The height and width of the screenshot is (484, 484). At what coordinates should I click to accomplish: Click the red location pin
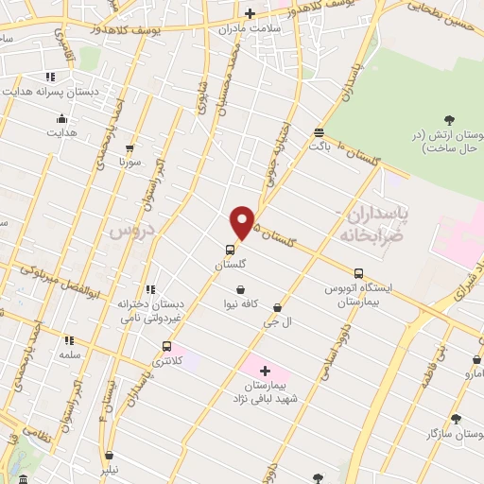pos(243,222)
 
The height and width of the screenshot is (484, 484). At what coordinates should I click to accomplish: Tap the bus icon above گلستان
pos(230,251)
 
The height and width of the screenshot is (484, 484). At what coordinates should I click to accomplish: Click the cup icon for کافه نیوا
pos(242,288)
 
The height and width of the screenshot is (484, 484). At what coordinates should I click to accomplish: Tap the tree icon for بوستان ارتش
pos(449,120)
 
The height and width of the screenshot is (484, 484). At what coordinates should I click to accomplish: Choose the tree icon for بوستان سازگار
pos(457,417)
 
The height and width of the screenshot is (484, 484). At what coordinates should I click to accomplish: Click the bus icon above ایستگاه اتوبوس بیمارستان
pos(358,273)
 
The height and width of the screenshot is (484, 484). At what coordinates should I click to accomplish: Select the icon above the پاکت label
pos(319,133)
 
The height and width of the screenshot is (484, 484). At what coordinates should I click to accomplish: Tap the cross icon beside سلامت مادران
pos(250,13)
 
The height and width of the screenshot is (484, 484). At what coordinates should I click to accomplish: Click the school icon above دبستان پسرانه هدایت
pos(50,77)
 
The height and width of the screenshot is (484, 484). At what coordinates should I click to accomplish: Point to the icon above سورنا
pos(130,148)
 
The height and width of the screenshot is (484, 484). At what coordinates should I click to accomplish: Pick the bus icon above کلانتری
pos(167,346)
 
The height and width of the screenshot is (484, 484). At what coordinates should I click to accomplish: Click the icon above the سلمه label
pos(68,338)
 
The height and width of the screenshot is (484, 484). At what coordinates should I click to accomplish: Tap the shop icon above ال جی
pos(276,307)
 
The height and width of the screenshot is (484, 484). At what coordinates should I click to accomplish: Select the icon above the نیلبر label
pos(110,455)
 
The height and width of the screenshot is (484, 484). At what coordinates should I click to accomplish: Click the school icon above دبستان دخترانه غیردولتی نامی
pos(149,289)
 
